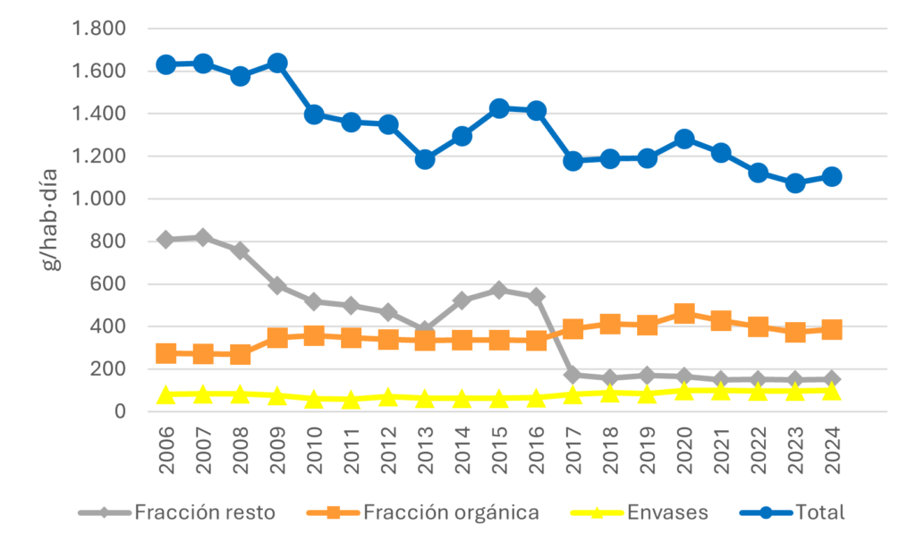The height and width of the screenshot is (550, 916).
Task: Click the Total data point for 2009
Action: tap(276, 63)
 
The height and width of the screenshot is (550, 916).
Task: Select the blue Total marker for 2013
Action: tap(425, 159)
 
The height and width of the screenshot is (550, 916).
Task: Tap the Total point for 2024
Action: tap(832, 176)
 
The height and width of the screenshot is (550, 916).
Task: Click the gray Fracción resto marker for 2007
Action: tap(203, 237)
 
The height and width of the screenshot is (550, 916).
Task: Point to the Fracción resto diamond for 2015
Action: tap(499, 290)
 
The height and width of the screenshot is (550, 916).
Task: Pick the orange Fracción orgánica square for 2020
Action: tap(684, 313)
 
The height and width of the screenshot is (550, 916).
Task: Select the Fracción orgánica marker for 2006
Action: tap(166, 353)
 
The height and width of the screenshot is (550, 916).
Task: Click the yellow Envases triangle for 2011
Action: tap(351, 399)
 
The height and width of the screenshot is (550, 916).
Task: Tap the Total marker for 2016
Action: tap(536, 110)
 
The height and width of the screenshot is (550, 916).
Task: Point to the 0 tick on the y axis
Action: tap(117, 411)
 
